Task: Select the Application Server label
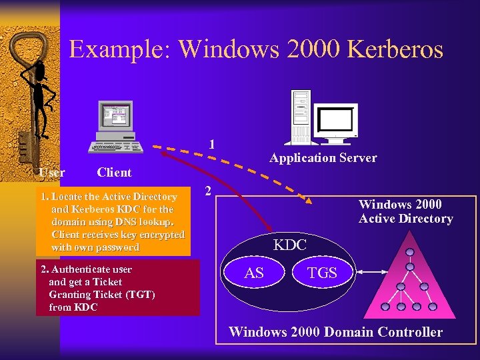click(x=323, y=158)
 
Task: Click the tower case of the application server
click(x=301, y=117)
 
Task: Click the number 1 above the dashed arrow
click(x=211, y=144)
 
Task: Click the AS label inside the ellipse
click(x=254, y=273)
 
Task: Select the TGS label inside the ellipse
click(x=321, y=273)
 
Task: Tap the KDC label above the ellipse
click(x=290, y=245)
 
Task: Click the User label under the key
click(x=52, y=173)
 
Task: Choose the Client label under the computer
click(x=114, y=173)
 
